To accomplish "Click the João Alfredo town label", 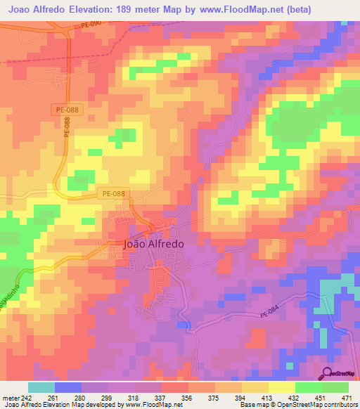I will [153, 245].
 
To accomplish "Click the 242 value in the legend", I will [23, 397].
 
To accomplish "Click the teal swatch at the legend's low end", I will [41, 387].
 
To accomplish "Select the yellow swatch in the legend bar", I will [282, 387].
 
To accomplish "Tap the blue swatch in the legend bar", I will [68, 387].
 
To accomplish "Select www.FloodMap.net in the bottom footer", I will [151, 405].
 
